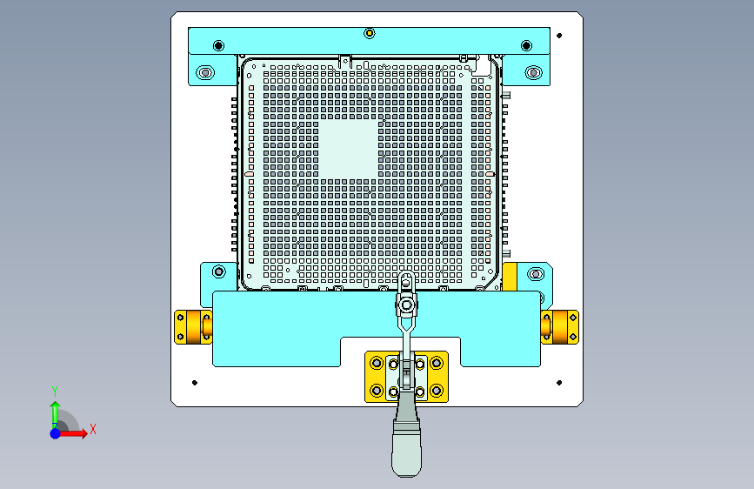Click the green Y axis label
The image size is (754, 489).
55,392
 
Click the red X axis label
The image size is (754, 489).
93,429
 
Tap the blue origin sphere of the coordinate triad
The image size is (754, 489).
56,433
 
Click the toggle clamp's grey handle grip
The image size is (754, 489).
407,449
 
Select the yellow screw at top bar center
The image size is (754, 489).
370,33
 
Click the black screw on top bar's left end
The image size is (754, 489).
218,46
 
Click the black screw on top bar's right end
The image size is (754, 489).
526,46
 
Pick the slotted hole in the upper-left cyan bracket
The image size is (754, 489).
205,73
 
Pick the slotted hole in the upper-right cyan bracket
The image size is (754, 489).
533,73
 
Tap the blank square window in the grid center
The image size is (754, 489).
348,149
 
